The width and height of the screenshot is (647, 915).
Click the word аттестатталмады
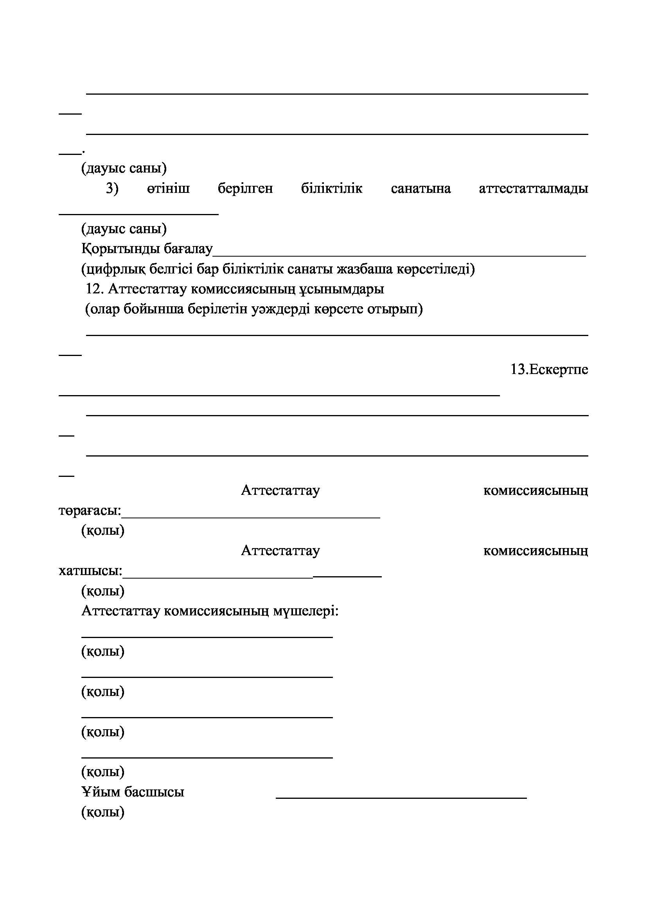coord(533,189)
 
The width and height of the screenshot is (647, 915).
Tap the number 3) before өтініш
coord(112,189)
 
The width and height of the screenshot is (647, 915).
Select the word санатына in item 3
coord(421,189)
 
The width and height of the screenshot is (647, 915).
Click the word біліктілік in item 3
coord(331,189)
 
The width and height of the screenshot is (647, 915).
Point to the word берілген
coord(245,189)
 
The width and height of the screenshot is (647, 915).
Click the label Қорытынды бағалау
coord(147,249)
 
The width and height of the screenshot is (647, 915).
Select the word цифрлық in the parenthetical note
coord(115,270)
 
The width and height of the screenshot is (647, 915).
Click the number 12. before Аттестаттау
coord(95,289)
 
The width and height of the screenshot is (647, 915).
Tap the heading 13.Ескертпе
coord(549,369)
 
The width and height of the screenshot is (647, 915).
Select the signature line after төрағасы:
coord(251,517)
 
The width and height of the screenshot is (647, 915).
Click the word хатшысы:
coord(90,571)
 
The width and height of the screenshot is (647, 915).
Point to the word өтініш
coord(168,189)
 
